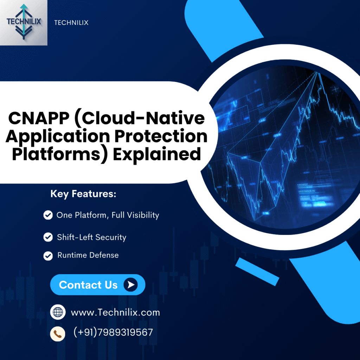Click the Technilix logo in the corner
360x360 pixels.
pos(24,22)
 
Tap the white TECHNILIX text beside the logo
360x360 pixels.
pos(71,23)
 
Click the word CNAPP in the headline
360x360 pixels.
pos(39,118)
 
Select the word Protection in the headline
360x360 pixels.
pos(161,136)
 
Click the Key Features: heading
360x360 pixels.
pos(83,194)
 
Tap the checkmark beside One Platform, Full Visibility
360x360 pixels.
pos(48,215)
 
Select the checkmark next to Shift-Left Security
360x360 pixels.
pos(48,237)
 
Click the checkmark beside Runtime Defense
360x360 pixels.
pos(48,256)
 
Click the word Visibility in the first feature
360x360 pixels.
pos(143,215)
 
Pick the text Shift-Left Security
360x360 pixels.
pos(92,237)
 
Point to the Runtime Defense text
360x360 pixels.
pos(88,255)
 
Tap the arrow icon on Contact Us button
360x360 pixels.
pos(131,285)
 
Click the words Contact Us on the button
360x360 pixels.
pos(88,285)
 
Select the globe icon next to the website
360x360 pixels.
pos(58,312)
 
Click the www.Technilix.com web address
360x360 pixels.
pos(115,313)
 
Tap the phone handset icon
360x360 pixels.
pos(58,334)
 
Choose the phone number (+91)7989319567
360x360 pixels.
pos(113,332)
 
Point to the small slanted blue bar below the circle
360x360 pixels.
pos(257,272)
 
